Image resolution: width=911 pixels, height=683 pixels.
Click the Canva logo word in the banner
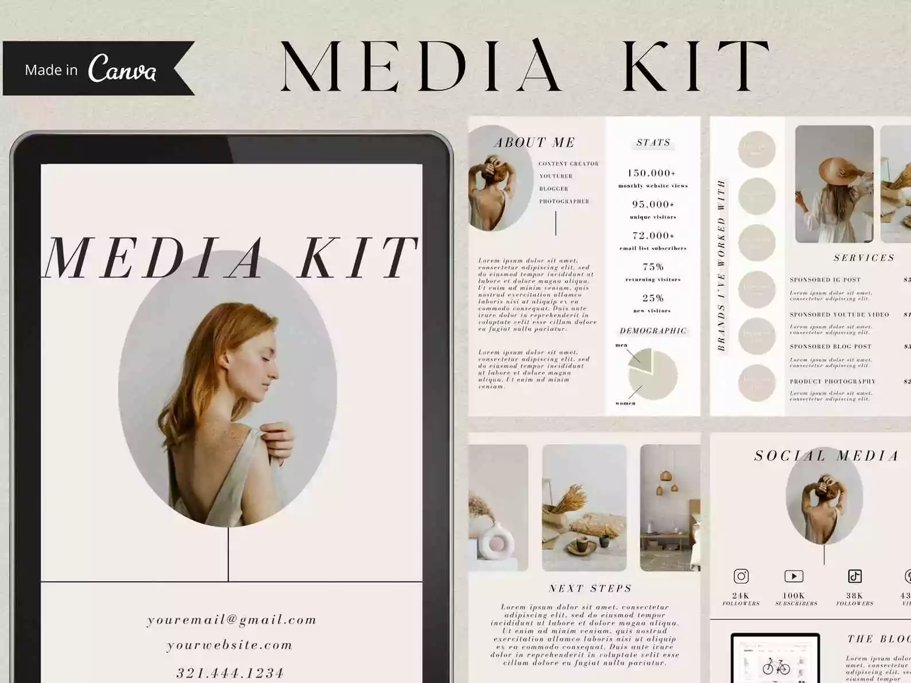(x=122, y=69)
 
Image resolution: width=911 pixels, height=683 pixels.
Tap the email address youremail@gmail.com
(x=232, y=620)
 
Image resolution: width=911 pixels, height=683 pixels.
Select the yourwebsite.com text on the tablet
(x=229, y=645)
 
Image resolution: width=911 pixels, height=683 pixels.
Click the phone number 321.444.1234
(x=230, y=672)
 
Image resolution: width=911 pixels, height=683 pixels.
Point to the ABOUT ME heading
(x=535, y=142)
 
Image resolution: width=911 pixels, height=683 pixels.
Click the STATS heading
(x=653, y=142)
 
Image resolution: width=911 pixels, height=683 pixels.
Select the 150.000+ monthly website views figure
(x=652, y=173)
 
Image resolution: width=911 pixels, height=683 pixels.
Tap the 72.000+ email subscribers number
(x=653, y=235)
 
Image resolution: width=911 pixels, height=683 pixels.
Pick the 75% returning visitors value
(x=653, y=267)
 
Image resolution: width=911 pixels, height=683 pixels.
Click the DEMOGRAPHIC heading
(x=653, y=331)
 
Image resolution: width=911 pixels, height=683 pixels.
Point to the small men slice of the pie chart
(x=641, y=360)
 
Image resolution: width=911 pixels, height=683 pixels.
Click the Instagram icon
(x=741, y=576)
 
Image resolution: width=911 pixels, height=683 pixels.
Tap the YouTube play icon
(x=794, y=576)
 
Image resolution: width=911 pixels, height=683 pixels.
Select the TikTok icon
(x=855, y=576)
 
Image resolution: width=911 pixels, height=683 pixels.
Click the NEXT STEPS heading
(x=590, y=588)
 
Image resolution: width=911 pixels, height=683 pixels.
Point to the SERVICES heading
(x=864, y=257)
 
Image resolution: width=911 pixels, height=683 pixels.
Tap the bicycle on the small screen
(x=776, y=667)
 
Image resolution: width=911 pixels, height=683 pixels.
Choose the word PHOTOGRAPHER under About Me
(x=564, y=201)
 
